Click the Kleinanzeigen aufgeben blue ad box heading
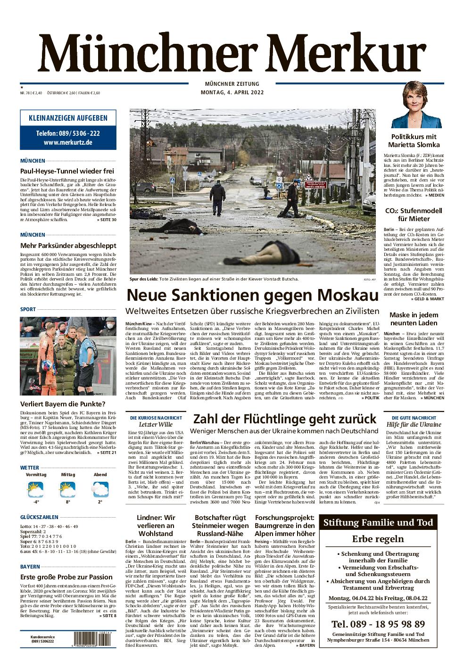point(68,118)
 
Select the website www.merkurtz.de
point(68,142)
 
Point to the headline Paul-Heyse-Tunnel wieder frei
point(67,171)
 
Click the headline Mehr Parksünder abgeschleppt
point(68,245)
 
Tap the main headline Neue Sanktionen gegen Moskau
point(253,296)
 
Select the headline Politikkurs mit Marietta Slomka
point(414,140)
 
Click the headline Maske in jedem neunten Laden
point(414,319)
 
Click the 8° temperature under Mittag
point(68,502)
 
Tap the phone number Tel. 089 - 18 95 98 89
point(377,624)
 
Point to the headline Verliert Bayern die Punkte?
point(63,404)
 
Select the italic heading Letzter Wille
point(155,425)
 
